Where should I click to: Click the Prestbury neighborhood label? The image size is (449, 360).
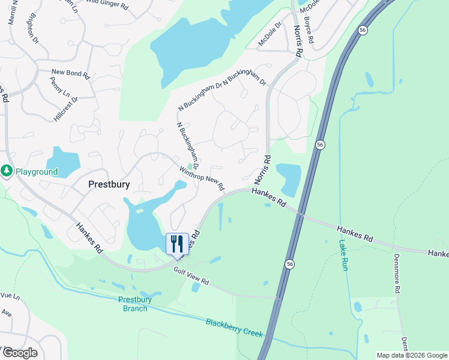tap(109, 184)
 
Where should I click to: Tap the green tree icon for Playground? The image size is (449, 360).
tap(7, 172)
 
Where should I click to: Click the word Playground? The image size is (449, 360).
tap(37, 172)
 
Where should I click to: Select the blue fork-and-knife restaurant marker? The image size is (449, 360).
tap(176, 243)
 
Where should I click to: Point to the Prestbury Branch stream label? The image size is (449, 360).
tap(133, 304)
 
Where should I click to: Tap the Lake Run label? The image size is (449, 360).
tap(343, 255)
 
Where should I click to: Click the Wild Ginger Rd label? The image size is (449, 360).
tap(107, 4)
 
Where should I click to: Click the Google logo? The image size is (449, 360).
tap(19, 353)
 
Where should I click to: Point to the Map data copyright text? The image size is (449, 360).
tap(412, 355)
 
